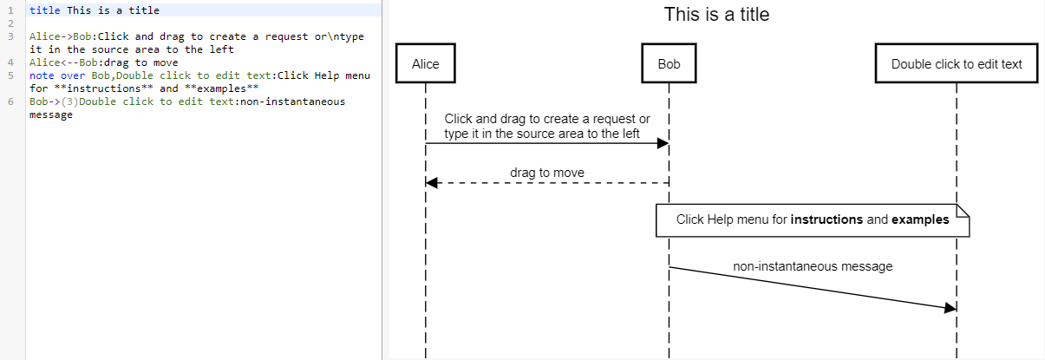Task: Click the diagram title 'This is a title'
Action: click(716, 15)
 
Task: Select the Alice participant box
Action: click(425, 64)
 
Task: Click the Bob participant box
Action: click(669, 64)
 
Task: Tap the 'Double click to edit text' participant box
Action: click(957, 64)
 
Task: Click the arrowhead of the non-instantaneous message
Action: click(950, 308)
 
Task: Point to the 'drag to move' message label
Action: click(546, 173)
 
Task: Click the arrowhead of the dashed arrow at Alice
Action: click(432, 183)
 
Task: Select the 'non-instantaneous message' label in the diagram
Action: click(813, 266)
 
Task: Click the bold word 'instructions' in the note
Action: click(826, 219)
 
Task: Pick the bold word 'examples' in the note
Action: click(920, 219)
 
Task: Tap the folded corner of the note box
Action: click(962, 209)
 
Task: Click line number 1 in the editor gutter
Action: click(10, 10)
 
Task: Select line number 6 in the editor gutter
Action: click(10, 101)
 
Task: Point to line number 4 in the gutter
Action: click(10, 62)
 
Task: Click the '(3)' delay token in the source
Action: click(69, 101)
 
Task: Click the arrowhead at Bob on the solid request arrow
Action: click(663, 143)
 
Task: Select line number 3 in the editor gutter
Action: click(10, 36)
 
